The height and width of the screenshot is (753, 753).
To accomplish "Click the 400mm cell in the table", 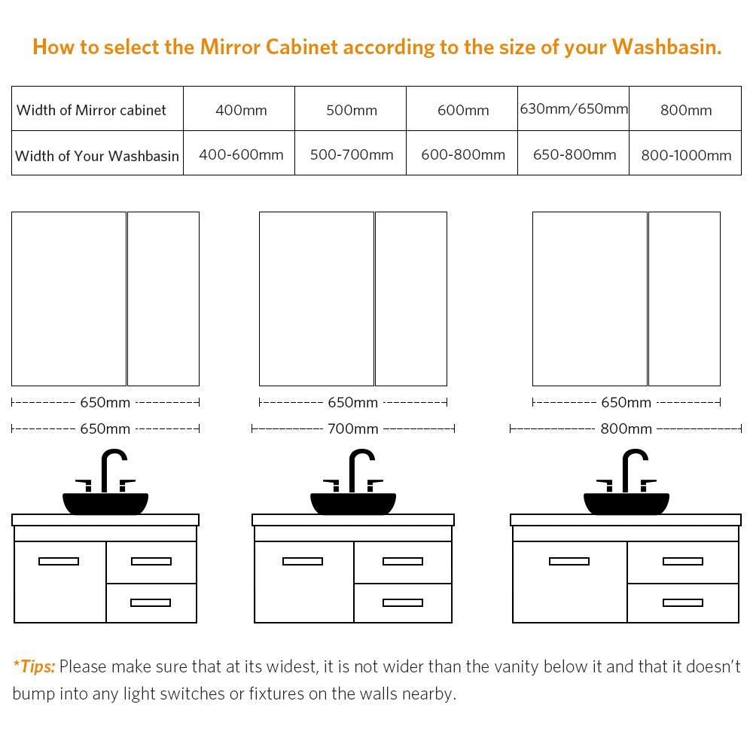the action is coord(241,110).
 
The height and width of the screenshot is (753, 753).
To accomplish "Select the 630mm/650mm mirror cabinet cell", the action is coord(574,109).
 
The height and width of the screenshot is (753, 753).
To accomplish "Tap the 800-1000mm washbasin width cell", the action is coord(686,155).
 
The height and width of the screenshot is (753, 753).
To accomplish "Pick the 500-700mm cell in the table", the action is coord(352,154).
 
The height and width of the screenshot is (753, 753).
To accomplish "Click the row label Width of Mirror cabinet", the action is coord(91,110).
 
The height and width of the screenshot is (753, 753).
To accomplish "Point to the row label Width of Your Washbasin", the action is coord(97,156).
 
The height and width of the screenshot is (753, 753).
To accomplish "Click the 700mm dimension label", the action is coord(353,428).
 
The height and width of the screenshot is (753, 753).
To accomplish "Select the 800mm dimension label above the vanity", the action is coord(626,428).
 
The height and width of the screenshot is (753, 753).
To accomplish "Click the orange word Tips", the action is coord(37,666).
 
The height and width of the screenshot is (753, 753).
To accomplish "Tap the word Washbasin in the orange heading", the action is coord(666,47).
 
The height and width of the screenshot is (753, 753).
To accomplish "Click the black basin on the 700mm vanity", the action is coord(353,503).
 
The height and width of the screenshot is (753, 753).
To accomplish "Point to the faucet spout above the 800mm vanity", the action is coord(635,471).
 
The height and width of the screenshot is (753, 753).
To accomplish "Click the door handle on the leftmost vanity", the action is coord(59,562).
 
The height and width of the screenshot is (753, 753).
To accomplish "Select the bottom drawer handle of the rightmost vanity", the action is coord(683,602).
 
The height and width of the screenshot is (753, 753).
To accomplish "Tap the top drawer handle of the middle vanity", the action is coord(403,562).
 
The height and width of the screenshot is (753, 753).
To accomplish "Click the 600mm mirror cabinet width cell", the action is coord(463,110).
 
